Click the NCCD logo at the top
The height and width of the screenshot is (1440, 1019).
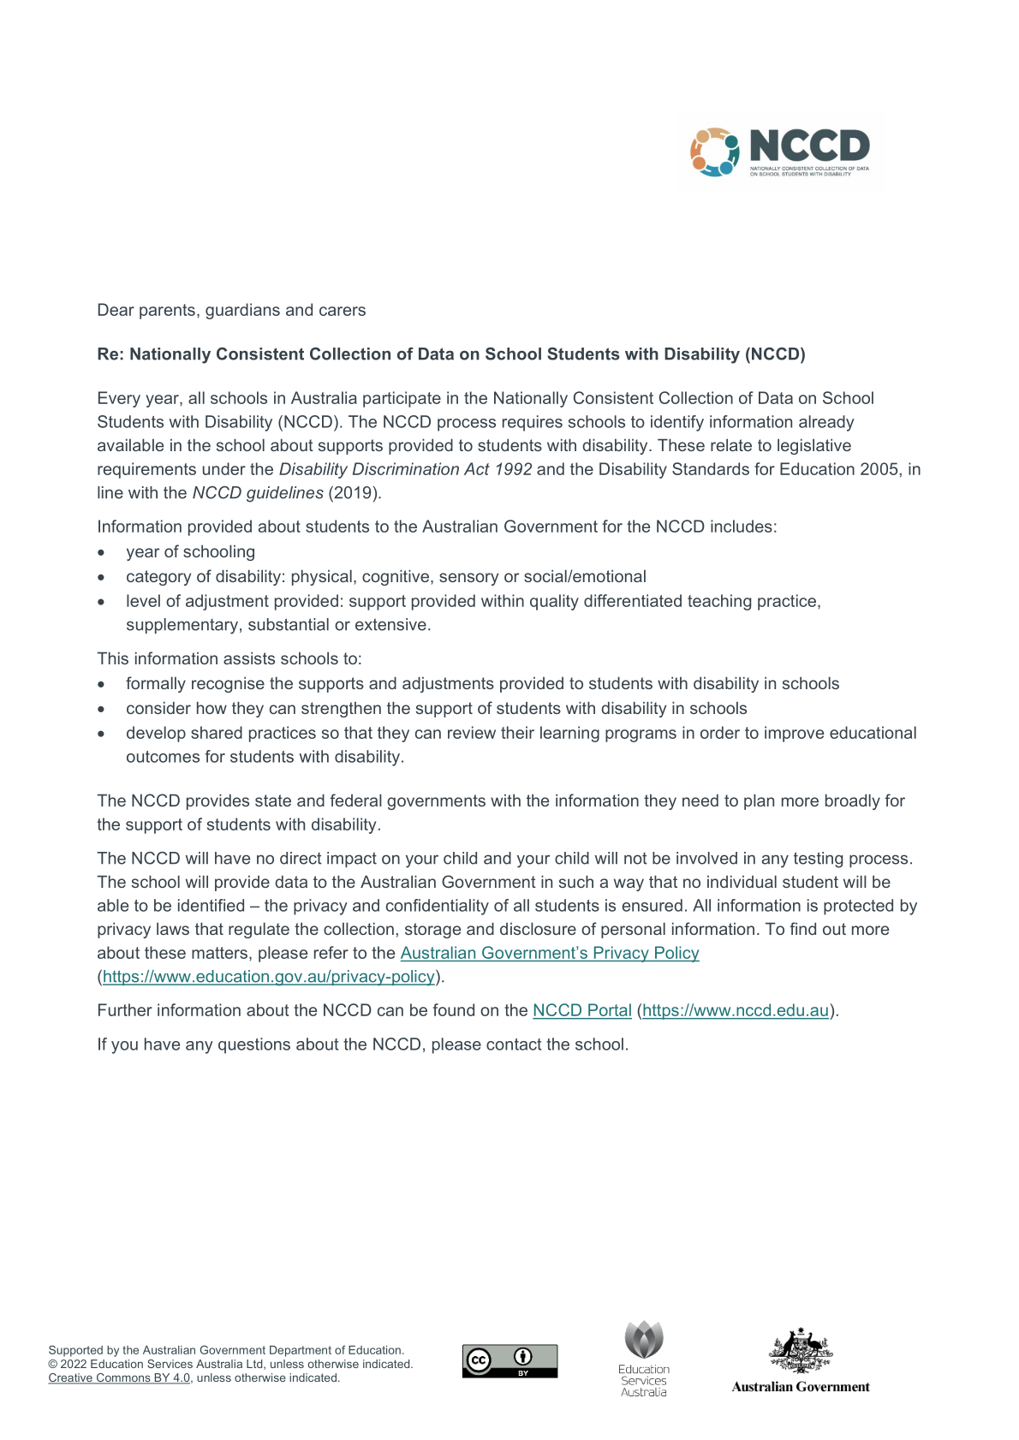[779, 152]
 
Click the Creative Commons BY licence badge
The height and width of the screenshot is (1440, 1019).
[509, 1360]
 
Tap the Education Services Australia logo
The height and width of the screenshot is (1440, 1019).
[644, 1358]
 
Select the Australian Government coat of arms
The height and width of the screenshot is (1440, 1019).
[801, 1350]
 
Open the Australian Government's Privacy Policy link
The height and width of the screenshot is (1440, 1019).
[549, 953]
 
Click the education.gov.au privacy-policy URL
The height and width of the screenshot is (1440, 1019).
[269, 977]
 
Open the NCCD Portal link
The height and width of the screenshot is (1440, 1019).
[581, 1010]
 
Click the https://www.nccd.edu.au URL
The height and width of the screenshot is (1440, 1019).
[736, 1010]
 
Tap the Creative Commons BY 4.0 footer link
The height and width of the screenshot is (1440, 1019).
[119, 1378]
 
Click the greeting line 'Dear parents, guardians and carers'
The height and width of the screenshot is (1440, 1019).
[231, 310]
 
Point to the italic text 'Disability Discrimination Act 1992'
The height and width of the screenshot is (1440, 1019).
[405, 469]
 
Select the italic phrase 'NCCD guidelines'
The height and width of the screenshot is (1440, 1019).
[258, 493]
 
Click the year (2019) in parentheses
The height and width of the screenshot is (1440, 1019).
[355, 493]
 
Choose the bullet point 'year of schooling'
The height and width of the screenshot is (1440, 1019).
[190, 552]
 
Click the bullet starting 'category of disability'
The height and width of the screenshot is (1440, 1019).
[385, 577]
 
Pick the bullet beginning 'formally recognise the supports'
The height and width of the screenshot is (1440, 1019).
[482, 684]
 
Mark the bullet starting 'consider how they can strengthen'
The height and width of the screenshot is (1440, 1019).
[436, 709]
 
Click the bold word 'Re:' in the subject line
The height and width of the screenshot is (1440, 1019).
[110, 354]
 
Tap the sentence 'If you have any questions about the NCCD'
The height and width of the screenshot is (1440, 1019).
[362, 1044]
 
